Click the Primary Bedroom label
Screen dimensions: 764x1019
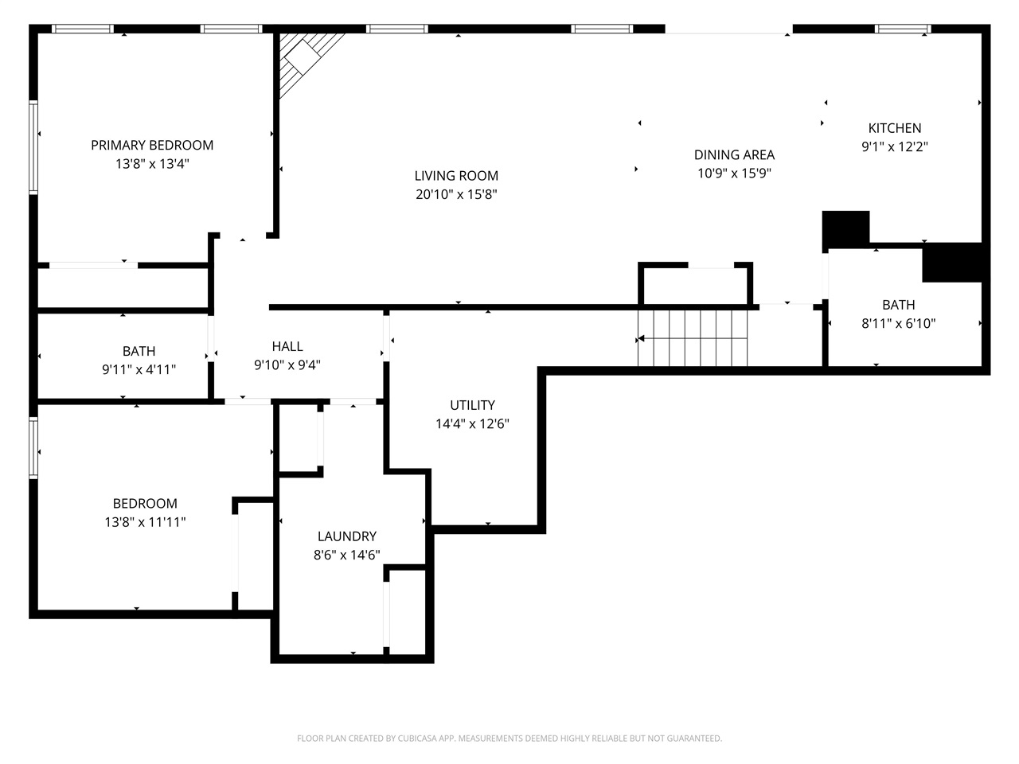click(152, 145)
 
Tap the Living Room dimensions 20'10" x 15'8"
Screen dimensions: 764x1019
click(456, 194)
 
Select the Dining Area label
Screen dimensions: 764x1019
click(734, 155)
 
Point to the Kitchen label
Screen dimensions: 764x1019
click(895, 128)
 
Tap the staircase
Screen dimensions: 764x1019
click(693, 338)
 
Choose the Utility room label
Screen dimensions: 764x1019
click(472, 405)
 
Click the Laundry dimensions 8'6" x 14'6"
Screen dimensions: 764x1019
click(346, 555)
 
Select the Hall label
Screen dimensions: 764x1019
click(287, 346)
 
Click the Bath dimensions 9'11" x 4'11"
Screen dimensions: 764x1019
click(139, 369)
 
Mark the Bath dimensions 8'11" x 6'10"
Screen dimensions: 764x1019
click(898, 323)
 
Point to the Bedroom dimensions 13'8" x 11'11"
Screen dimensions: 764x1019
click(145, 522)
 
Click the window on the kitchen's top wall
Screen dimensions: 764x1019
click(903, 29)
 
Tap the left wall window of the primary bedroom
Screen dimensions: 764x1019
click(33, 147)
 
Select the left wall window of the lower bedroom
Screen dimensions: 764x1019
click(33, 448)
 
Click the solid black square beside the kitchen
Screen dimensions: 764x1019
click(845, 228)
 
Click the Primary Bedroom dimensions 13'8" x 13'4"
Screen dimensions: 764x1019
click(152, 164)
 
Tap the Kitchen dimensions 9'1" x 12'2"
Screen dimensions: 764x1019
click(895, 146)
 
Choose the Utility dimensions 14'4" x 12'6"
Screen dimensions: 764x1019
click(472, 424)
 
